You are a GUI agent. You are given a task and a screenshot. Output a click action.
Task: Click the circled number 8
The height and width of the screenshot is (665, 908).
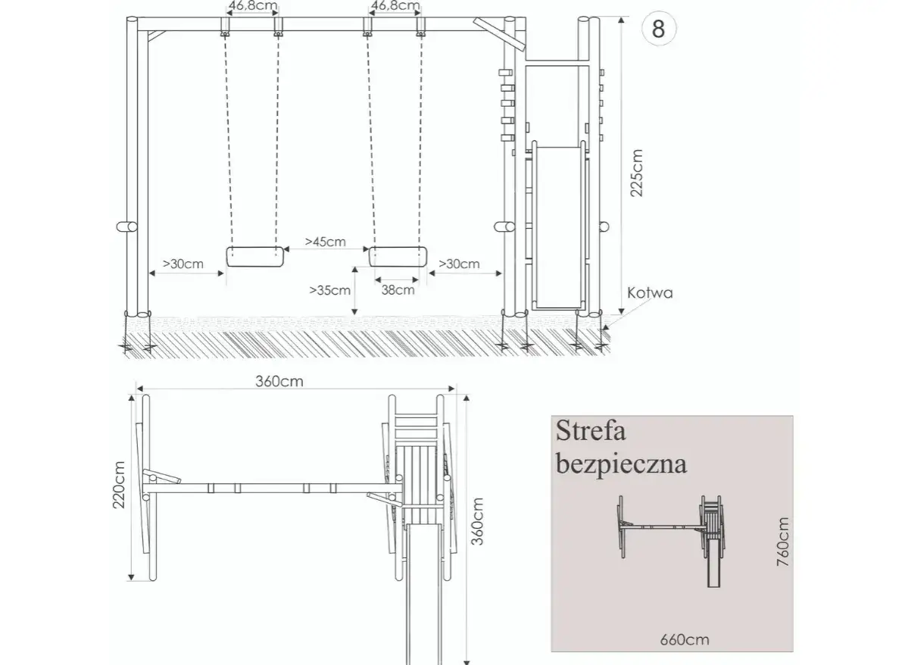pyautogui.click(x=658, y=28)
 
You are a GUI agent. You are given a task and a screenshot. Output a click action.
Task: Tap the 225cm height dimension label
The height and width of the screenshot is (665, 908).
pyautogui.click(x=636, y=173)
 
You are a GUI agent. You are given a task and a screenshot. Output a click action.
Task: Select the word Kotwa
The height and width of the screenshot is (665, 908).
pyautogui.click(x=650, y=292)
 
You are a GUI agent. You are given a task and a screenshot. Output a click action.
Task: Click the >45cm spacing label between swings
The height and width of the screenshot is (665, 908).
pyautogui.click(x=326, y=242)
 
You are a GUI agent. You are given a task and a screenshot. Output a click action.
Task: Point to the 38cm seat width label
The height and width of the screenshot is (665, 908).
pyautogui.click(x=398, y=289)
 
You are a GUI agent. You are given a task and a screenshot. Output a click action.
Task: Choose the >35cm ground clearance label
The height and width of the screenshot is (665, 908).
pyautogui.click(x=330, y=289)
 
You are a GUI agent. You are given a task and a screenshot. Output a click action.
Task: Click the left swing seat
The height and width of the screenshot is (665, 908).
pyautogui.click(x=255, y=257)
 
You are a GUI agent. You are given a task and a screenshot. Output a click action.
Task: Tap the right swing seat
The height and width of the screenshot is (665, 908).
pyautogui.click(x=398, y=257)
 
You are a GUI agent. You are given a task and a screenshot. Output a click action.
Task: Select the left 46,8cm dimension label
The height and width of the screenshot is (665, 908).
pyautogui.click(x=252, y=6)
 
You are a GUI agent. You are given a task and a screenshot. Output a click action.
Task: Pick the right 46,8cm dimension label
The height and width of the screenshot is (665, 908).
pyautogui.click(x=395, y=6)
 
